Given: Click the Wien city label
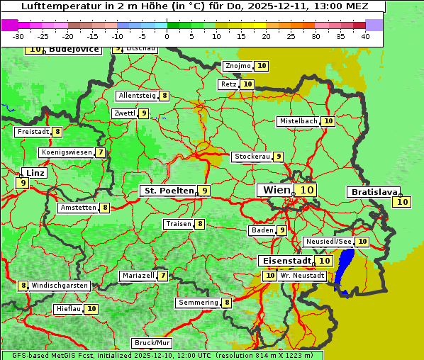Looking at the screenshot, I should click(276, 190).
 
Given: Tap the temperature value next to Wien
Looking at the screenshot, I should click(306, 190).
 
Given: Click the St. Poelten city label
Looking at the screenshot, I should click(168, 191).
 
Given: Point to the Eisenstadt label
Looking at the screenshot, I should click(284, 261).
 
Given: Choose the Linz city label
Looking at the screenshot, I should click(34, 173).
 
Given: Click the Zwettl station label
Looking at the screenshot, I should click(124, 113).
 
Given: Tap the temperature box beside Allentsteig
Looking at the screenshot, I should click(164, 96).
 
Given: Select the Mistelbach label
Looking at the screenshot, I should click(298, 121).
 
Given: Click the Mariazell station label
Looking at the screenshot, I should click(138, 275).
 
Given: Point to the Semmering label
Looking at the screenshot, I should click(199, 303).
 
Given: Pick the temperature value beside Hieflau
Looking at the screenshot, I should click(92, 309).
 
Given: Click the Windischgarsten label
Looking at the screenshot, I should click(59, 286).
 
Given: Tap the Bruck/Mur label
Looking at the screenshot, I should click(152, 343).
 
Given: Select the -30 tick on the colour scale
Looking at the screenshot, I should click(18, 35).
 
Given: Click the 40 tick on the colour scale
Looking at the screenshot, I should click(365, 35).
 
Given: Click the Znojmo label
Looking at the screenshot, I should click(237, 66).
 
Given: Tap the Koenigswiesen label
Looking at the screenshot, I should click(66, 152).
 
